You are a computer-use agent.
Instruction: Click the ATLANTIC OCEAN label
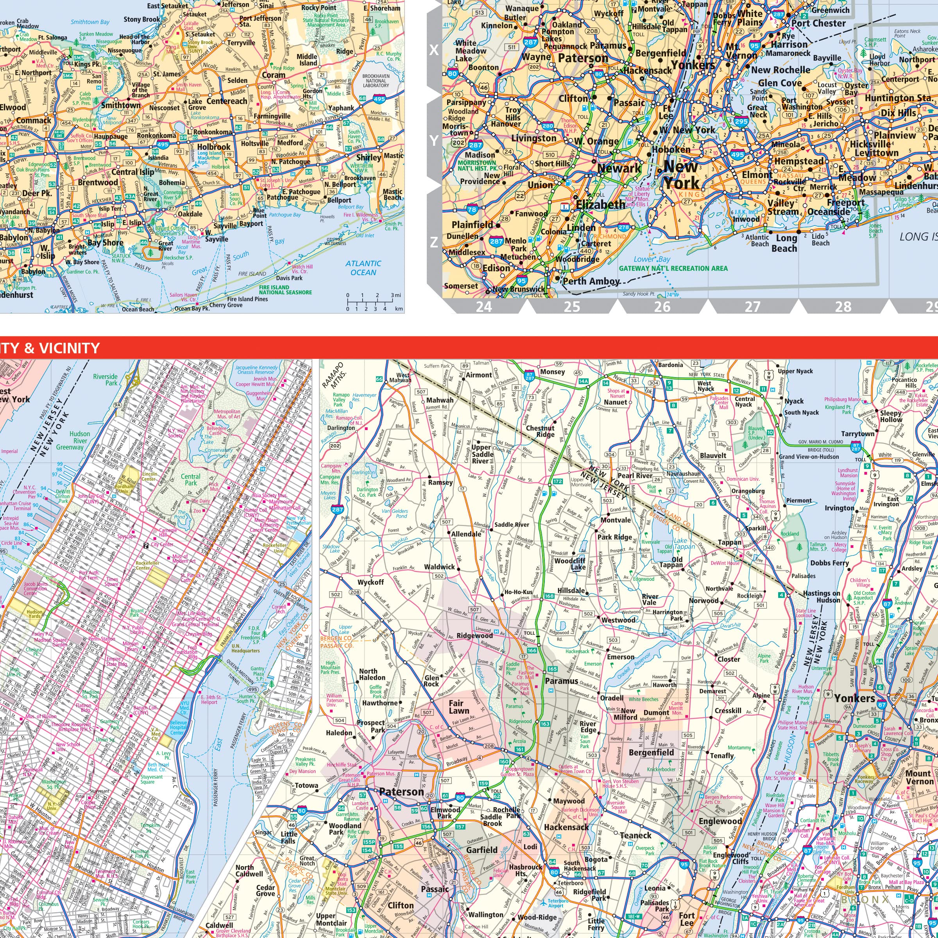[363, 267]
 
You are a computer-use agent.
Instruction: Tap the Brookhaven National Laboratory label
[376, 81]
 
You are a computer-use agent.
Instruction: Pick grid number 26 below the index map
[662, 307]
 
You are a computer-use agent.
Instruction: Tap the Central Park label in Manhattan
[191, 480]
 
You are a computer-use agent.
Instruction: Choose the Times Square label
[112, 582]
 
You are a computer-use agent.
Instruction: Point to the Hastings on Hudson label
[822, 597]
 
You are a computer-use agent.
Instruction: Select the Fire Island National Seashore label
[285, 290]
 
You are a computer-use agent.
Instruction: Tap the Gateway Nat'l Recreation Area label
[673, 269]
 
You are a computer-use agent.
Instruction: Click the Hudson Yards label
[35, 614]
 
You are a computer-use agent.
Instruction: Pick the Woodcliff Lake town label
[571, 564]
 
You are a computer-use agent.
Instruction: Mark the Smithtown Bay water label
[90, 22]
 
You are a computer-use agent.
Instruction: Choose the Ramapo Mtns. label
[333, 374]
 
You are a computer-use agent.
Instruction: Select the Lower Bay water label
[652, 259]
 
